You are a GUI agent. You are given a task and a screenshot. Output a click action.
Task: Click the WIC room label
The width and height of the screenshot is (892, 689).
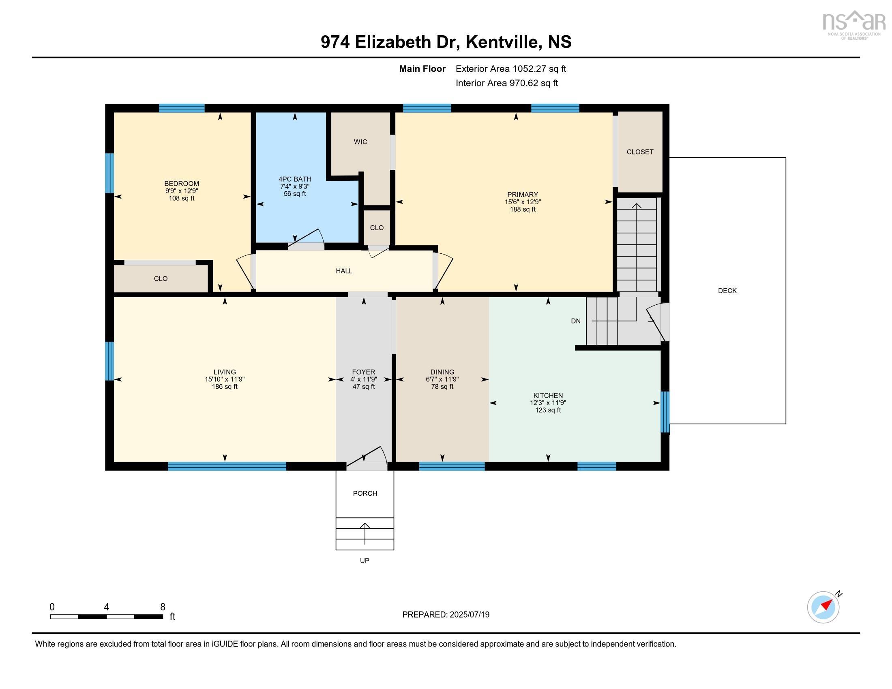(x=360, y=141)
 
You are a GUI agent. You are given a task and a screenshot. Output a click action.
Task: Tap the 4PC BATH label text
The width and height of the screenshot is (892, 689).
(x=295, y=179)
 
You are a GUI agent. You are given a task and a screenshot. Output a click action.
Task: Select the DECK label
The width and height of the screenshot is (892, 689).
(x=727, y=291)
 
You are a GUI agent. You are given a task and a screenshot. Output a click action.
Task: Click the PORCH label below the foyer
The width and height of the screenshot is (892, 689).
(x=365, y=493)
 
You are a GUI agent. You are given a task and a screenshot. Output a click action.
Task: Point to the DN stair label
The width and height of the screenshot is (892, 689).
(x=575, y=321)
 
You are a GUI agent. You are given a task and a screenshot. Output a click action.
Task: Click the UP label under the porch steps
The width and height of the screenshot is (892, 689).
(x=365, y=561)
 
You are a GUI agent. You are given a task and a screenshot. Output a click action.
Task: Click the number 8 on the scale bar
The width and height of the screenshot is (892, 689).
(x=163, y=607)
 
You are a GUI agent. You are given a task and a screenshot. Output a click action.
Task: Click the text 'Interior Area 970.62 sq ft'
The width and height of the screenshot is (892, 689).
(x=506, y=83)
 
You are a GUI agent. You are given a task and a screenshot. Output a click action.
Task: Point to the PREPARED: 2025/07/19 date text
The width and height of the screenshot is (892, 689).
(x=446, y=614)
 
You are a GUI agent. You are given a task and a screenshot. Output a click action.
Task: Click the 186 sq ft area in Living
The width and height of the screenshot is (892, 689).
(x=224, y=387)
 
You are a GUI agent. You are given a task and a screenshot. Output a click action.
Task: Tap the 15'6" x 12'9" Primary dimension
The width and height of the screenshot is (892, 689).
(x=522, y=202)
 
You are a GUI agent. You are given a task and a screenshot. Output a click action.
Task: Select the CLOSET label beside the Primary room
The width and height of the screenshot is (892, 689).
(x=639, y=152)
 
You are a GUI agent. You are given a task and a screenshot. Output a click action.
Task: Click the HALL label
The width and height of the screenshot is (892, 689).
(x=344, y=271)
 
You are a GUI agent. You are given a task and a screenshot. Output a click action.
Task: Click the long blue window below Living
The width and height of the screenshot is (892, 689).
(x=227, y=466)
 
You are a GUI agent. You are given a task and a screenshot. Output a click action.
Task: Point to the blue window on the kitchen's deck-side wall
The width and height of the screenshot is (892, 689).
(x=665, y=411)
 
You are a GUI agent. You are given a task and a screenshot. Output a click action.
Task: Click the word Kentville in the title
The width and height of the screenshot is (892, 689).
(x=502, y=42)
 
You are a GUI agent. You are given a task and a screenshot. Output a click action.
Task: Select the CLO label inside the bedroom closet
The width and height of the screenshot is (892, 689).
(x=161, y=278)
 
